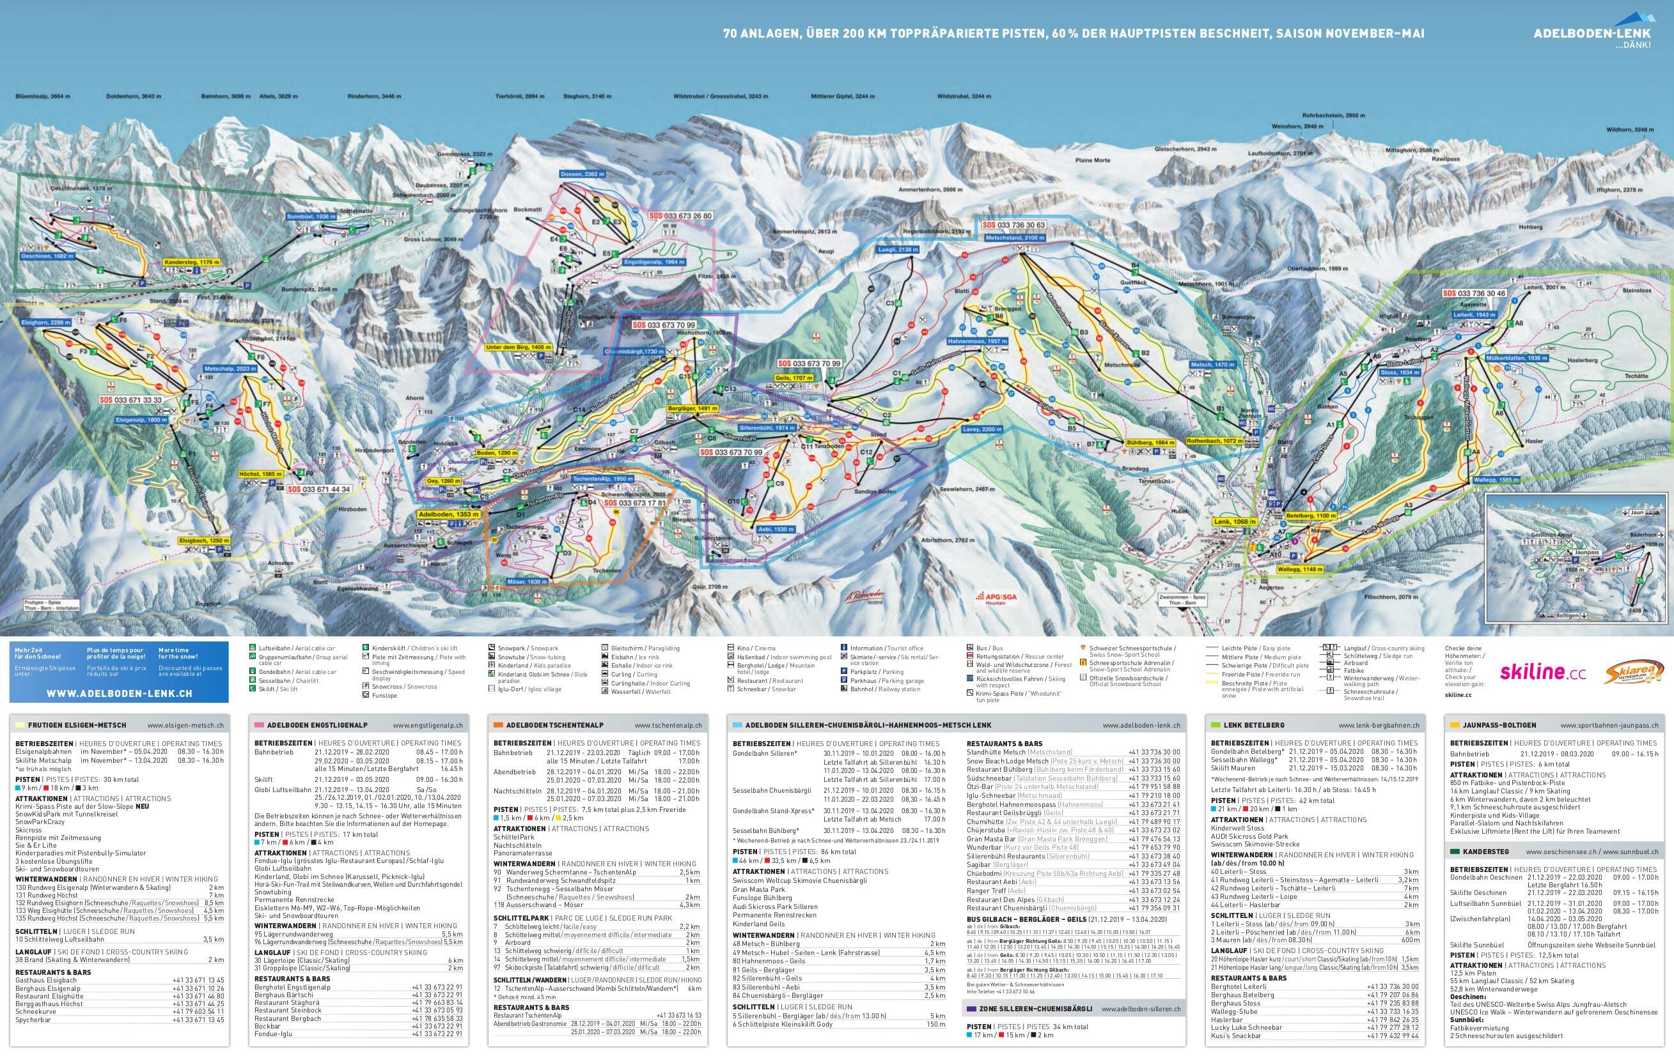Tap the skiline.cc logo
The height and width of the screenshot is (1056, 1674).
point(1542,672)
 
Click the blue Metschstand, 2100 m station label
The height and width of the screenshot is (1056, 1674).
point(1015,238)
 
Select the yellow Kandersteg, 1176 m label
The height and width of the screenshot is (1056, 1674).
point(192,263)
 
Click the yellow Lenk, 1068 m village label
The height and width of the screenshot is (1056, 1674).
point(1235,521)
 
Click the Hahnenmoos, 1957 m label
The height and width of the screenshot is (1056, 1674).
point(978,342)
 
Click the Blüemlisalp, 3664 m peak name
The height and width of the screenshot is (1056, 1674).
point(38,96)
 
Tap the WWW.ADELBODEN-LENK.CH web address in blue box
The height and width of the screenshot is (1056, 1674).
point(118,693)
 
